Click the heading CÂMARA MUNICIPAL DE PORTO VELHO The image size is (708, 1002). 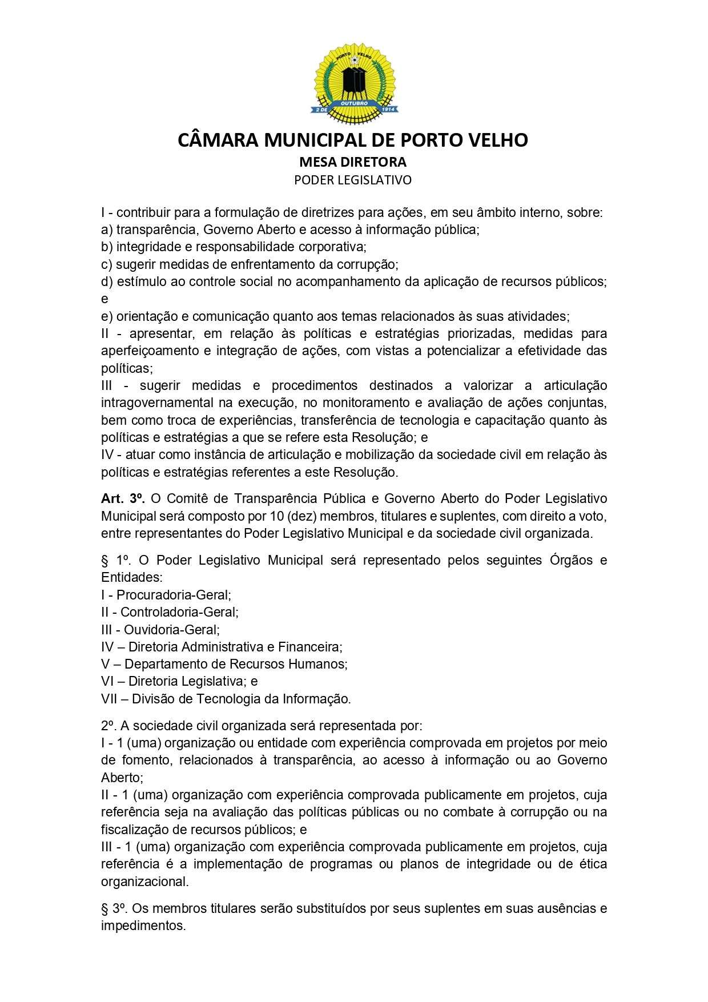pyautogui.click(x=353, y=140)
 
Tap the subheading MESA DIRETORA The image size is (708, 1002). pyautogui.click(x=353, y=162)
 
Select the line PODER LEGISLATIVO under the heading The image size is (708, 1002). pyautogui.click(x=353, y=180)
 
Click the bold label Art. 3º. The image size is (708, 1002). pyautogui.click(x=123, y=498)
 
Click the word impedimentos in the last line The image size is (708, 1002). pyautogui.click(x=143, y=925)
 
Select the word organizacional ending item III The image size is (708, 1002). pyautogui.click(x=144, y=881)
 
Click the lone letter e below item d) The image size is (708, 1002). pyautogui.click(x=104, y=299)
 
